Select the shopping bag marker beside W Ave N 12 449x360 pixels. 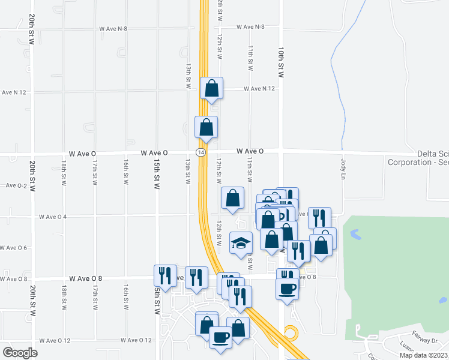tap(212, 88)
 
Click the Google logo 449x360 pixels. tap(20, 352)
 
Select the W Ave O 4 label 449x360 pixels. tap(53, 217)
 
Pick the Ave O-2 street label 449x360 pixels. tap(16, 186)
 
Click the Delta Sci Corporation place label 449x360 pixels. tap(418, 158)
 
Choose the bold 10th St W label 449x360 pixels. tap(280, 62)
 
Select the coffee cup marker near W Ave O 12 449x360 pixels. tap(220, 337)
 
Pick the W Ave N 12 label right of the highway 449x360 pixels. tap(259, 89)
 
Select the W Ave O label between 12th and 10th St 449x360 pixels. tap(250, 151)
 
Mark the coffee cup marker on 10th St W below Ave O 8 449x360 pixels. tap(287, 289)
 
